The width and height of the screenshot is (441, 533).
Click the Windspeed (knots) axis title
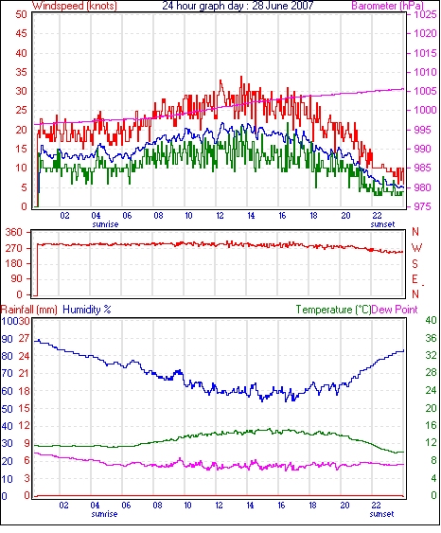click(x=75, y=6)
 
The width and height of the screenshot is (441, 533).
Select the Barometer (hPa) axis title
click(x=387, y=6)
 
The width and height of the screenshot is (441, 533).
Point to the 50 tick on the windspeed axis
click(x=21, y=14)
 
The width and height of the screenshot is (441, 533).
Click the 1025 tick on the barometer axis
click(x=425, y=14)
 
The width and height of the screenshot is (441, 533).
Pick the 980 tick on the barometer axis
click(x=423, y=187)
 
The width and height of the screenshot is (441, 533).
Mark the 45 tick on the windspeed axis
click(x=21, y=34)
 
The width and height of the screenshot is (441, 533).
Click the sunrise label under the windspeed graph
click(x=105, y=224)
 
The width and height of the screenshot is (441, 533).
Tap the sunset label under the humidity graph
click(x=381, y=514)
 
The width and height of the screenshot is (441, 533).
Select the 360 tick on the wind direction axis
click(x=14, y=233)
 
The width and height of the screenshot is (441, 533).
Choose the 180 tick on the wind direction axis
click(x=14, y=263)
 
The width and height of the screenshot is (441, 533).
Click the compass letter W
click(x=416, y=248)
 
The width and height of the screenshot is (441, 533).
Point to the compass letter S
click(x=415, y=263)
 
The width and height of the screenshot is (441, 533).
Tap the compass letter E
click(x=415, y=279)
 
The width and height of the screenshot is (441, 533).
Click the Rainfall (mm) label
click(x=28, y=310)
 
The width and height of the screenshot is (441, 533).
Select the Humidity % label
click(x=87, y=310)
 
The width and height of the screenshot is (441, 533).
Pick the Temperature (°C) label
click(x=333, y=310)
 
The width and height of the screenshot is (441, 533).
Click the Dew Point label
click(x=395, y=310)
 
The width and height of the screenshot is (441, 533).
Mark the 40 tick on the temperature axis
click(x=431, y=320)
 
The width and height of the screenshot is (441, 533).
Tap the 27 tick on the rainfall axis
click(x=24, y=338)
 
